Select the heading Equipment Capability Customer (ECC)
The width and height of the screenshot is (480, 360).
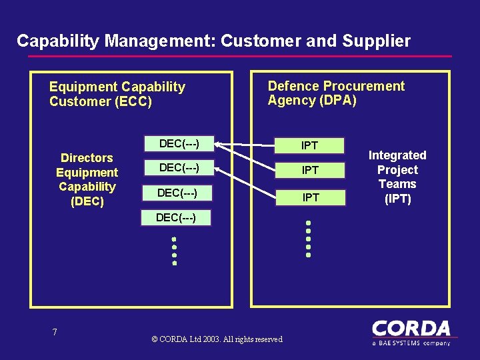(x=117, y=94)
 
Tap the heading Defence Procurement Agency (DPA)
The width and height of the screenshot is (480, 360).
(x=336, y=93)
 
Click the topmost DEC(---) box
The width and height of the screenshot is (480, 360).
(x=178, y=143)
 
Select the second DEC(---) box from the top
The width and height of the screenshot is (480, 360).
(x=178, y=167)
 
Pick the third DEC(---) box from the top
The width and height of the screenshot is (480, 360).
(x=177, y=193)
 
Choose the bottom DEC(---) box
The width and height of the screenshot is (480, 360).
(x=176, y=217)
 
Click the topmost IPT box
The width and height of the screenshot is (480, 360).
(x=310, y=145)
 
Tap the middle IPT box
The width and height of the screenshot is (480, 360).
(x=310, y=171)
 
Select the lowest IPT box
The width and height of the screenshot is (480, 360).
(x=310, y=197)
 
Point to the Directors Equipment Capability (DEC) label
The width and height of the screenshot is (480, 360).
(x=87, y=179)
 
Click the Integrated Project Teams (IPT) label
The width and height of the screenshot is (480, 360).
(x=397, y=177)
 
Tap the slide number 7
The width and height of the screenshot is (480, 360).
(x=55, y=332)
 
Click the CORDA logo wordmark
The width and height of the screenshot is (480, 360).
(x=411, y=329)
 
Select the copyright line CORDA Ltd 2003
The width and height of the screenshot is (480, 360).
(x=217, y=339)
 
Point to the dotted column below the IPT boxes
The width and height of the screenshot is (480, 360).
(x=308, y=239)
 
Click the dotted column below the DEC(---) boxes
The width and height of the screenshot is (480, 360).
(x=174, y=251)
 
